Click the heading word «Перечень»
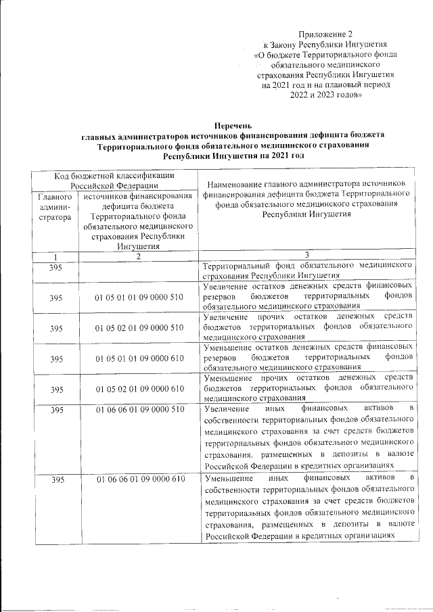coord(232,125)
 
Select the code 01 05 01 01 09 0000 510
coord(139,297)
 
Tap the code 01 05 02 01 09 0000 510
coord(139,327)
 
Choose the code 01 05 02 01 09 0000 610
coord(139,389)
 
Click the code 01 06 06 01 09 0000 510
coord(139,410)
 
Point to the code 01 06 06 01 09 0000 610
coord(139,480)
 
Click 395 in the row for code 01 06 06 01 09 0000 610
coord(57,480)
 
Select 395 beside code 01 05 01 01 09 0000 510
coord(57,297)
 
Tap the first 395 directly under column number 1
coord(57,266)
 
